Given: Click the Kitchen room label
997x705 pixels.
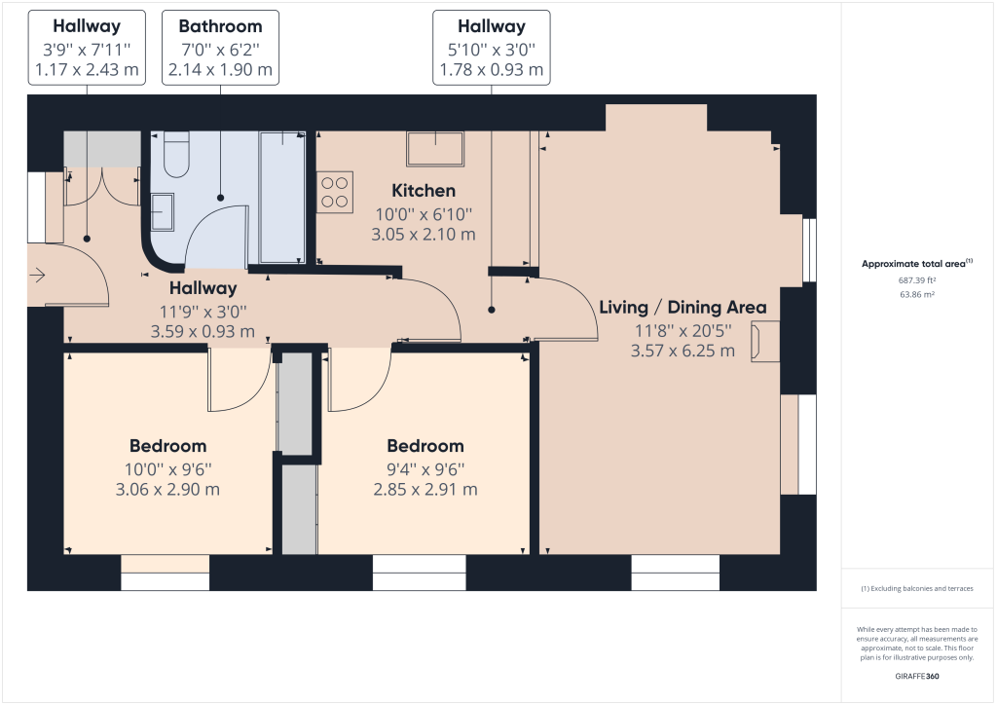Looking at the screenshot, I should [x=424, y=191].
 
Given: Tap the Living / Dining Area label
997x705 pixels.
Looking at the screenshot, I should [x=683, y=308].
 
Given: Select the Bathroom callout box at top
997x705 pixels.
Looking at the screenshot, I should [x=220, y=49].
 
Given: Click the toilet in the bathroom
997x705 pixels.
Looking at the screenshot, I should [x=176, y=156].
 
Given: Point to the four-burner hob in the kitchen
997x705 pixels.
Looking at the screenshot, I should [x=335, y=191].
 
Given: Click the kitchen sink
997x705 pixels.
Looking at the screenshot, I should [x=435, y=148].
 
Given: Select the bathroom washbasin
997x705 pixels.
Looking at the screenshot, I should [x=164, y=212].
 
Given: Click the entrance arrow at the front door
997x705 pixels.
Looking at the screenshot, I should [x=38, y=277].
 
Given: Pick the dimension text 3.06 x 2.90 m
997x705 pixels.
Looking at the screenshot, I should [x=167, y=489].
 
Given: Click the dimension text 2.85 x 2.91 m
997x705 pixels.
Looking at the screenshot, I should [x=425, y=489].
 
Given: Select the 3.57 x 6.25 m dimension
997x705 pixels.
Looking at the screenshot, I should [x=683, y=351].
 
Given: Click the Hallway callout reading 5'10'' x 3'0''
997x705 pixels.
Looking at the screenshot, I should [x=492, y=49].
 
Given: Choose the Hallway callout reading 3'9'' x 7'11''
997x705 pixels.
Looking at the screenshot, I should [x=87, y=49].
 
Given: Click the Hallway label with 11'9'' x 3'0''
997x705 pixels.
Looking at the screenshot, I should [x=203, y=288].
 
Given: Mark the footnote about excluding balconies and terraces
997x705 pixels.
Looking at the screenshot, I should [x=916, y=589].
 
